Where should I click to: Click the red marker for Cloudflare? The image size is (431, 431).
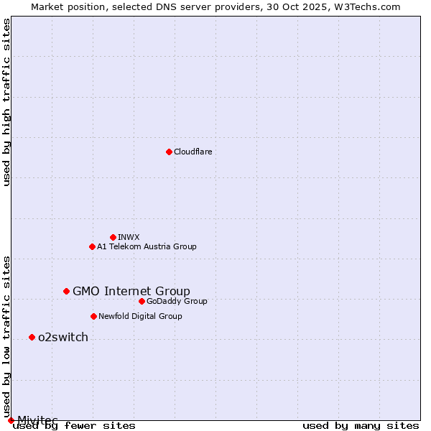pyautogui.click(x=169, y=152)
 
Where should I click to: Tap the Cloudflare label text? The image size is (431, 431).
pyautogui.click(x=193, y=152)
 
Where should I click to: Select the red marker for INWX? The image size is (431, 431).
pyautogui.click(x=113, y=237)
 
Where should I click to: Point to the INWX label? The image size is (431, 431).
pyautogui.click(x=129, y=237)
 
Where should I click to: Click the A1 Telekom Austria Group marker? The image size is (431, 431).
pyautogui.click(x=92, y=246)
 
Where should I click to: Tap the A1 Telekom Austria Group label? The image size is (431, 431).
pyautogui.click(x=147, y=246)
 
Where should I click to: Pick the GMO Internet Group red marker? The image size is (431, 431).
pyautogui.click(x=66, y=291)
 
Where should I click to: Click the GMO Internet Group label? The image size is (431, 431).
pyautogui.click(x=131, y=291)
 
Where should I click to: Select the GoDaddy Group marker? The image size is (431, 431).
pyautogui.click(x=142, y=301)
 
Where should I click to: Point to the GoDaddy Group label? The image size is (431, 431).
pyautogui.click(x=177, y=301)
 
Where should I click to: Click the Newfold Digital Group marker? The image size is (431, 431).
pyautogui.click(x=93, y=316)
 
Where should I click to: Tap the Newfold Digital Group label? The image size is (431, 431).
pyautogui.click(x=140, y=316)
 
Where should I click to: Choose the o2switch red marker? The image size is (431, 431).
pyautogui.click(x=32, y=337)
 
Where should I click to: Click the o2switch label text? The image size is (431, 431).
pyautogui.click(x=63, y=337)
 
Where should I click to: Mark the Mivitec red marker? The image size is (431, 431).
pyautogui.click(x=11, y=420)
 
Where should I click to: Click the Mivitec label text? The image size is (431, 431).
pyautogui.click(x=37, y=420)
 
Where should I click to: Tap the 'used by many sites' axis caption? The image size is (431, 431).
pyautogui.click(x=361, y=425)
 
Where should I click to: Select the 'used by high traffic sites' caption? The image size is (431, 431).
pyautogui.click(x=6, y=102)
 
